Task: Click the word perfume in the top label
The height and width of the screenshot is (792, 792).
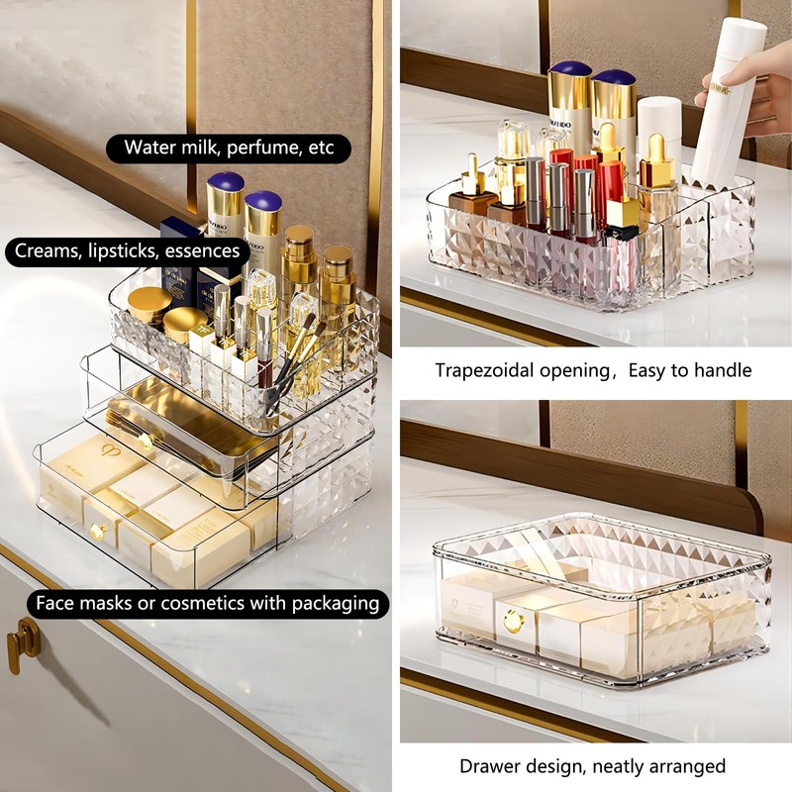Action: [260, 148]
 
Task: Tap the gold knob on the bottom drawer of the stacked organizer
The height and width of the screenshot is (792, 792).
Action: [98, 532]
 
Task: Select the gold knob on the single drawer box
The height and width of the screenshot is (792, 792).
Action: [511, 622]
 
